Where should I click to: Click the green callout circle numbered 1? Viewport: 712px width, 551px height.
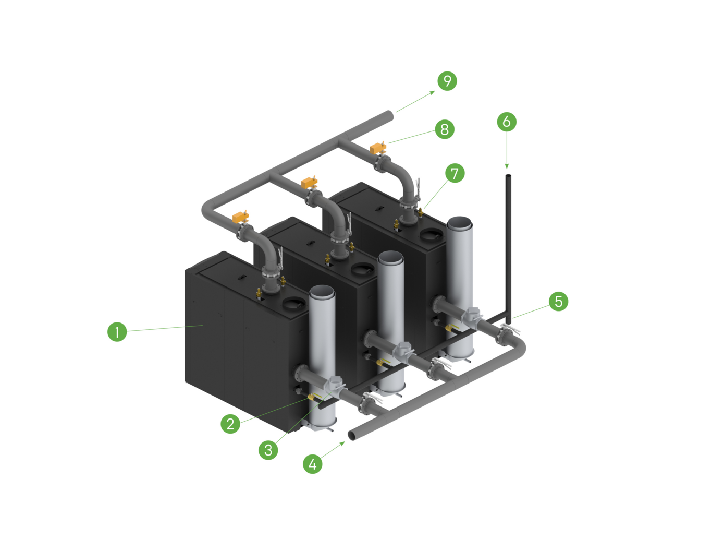tap(117, 332)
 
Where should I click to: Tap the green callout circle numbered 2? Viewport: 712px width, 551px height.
tap(230, 424)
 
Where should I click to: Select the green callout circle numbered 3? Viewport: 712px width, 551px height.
tap(268, 450)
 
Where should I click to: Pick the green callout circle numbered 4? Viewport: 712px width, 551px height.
tap(313, 464)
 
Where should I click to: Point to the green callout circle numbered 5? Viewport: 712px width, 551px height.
tap(559, 301)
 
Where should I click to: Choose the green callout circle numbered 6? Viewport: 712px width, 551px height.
tap(507, 122)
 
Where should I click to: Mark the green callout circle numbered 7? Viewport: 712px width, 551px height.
tap(455, 173)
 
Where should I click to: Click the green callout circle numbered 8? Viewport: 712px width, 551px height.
tap(445, 129)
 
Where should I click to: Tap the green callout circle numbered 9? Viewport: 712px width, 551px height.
tap(447, 81)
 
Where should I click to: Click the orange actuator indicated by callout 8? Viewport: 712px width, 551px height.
tap(378, 148)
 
